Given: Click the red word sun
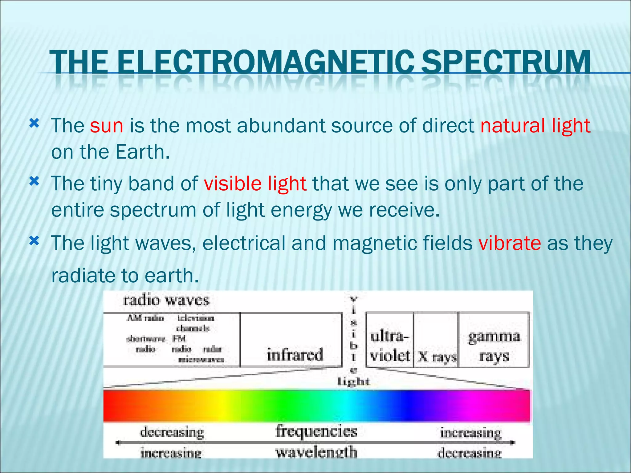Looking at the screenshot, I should click(107, 126).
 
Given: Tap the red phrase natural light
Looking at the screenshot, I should click(535, 126).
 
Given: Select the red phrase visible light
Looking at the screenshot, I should click(255, 184).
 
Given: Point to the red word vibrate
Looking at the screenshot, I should click(510, 243).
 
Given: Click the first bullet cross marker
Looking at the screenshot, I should click(34, 124).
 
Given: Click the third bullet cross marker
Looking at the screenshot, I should click(34, 241).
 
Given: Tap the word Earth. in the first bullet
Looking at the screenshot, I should click(143, 152).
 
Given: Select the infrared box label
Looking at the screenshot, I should click(295, 355).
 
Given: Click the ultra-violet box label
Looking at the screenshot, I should click(390, 346).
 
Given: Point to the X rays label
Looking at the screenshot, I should click(437, 357).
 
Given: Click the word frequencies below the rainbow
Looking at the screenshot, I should click(316, 431).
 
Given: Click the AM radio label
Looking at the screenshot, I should click(145, 318).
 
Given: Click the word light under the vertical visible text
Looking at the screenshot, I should click(353, 382).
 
